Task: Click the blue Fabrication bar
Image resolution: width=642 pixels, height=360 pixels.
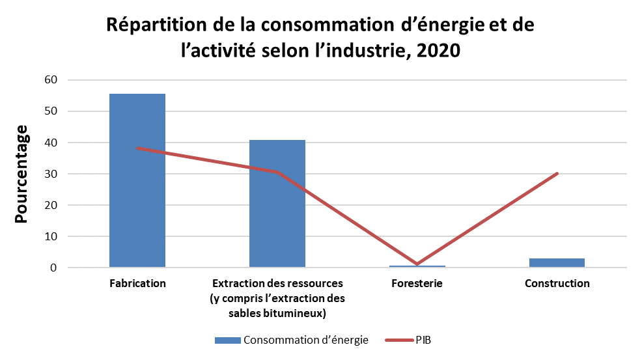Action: click(137, 180)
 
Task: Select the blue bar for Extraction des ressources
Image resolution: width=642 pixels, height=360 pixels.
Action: click(277, 204)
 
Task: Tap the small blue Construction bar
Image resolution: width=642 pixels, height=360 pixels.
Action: click(557, 263)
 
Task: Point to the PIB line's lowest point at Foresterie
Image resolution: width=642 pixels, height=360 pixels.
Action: click(417, 264)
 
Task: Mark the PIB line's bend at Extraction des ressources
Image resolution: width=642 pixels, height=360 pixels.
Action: click(277, 172)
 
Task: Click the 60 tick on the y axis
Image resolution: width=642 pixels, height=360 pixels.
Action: click(51, 79)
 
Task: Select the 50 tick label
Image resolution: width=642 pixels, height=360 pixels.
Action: click(51, 111)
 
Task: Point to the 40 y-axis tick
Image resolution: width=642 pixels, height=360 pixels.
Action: click(51, 143)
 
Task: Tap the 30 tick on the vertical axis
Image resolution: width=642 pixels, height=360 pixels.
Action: click(51, 174)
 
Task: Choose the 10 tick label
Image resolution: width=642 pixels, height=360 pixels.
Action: click(51, 236)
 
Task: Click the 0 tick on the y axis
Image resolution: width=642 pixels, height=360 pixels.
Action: click(53, 268)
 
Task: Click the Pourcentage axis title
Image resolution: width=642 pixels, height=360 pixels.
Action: click(21, 174)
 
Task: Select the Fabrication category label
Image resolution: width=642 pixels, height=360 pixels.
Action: click(137, 283)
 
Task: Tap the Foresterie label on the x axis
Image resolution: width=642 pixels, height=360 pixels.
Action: click(417, 283)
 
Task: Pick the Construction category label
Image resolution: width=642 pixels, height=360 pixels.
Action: click(557, 283)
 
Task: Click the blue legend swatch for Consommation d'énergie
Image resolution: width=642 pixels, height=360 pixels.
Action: click(228, 340)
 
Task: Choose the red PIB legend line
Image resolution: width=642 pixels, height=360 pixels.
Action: click(399, 340)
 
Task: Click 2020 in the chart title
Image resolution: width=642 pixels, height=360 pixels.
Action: click(438, 51)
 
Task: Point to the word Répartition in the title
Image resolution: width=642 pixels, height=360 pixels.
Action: click(157, 25)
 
